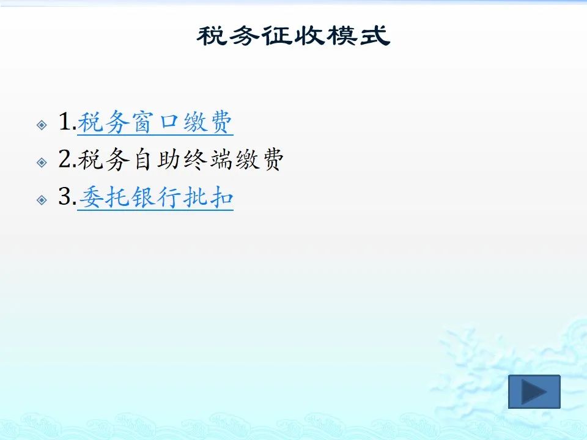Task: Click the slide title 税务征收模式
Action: (x=293, y=36)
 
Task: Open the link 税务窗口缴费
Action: (x=155, y=122)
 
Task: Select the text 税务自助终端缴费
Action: (x=180, y=159)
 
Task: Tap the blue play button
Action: (x=534, y=391)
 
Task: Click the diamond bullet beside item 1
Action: (x=42, y=125)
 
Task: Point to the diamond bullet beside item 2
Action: (x=42, y=163)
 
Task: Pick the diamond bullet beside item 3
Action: (x=42, y=200)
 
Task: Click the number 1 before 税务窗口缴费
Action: (x=65, y=122)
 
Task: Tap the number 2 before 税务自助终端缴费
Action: (x=65, y=159)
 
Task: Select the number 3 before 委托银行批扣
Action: (x=65, y=196)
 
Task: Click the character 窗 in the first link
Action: (x=142, y=122)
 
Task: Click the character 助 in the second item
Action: (x=169, y=159)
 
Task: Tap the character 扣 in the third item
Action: (x=221, y=197)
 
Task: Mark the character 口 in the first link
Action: (x=169, y=122)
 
